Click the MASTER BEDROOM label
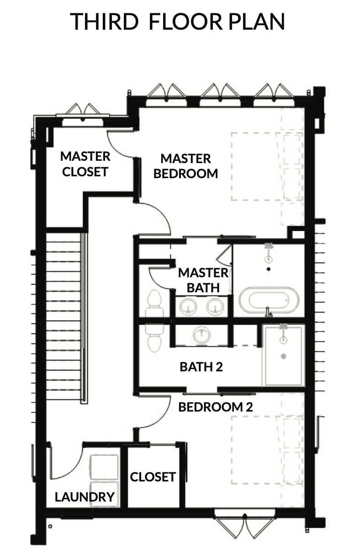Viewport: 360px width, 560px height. pyautogui.click(x=186, y=166)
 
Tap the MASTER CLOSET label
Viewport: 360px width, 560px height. pyautogui.click(x=85, y=164)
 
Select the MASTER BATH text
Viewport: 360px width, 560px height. pyautogui.click(x=203, y=280)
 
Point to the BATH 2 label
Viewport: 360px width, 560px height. pyautogui.click(x=201, y=367)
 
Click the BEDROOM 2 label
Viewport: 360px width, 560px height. pyautogui.click(x=216, y=407)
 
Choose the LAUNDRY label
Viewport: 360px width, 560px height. pyautogui.click(x=85, y=497)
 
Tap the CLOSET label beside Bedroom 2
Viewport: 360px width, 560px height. pyautogui.click(x=153, y=477)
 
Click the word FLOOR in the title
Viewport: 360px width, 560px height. pyautogui.click(x=185, y=21)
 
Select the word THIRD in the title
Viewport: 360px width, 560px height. pyautogui.click(x=104, y=21)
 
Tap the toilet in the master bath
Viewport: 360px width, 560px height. pyautogui.click(x=154, y=304)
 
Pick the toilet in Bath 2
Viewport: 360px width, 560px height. pyautogui.click(x=154, y=338)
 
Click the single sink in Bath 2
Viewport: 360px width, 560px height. pyautogui.click(x=201, y=334)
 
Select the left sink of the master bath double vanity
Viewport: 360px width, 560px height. pyautogui.click(x=188, y=307)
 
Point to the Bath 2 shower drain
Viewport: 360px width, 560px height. pyautogui.click(x=283, y=356)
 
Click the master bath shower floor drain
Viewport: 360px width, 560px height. pyautogui.click(x=269, y=269)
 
